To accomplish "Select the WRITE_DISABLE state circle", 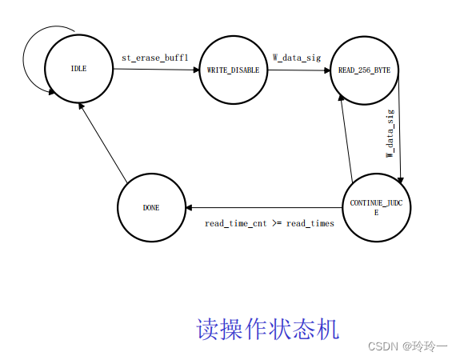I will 232,70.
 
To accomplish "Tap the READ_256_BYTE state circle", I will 365,70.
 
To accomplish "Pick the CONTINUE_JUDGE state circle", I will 375,207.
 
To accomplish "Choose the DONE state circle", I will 151,208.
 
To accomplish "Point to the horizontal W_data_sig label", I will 297,57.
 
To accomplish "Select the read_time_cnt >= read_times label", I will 269,223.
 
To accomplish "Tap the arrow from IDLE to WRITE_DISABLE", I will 156,70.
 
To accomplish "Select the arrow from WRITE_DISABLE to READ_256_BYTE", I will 298,70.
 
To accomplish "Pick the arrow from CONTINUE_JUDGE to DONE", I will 264,208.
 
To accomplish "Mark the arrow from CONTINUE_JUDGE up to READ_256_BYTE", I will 346,136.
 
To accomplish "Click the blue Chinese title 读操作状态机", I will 267,329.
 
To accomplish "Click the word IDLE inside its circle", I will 79,69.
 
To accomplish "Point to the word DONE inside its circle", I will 151,208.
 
